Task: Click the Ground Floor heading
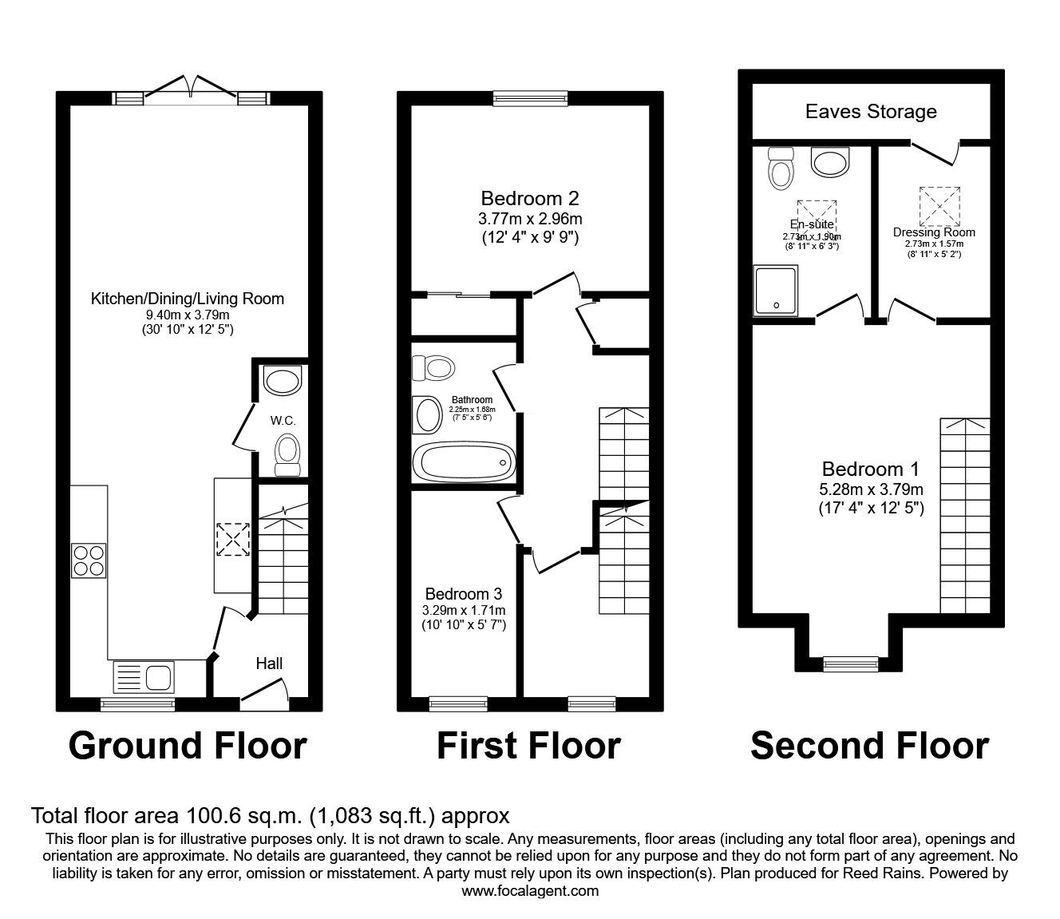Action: tap(188, 746)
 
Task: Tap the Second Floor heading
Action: tap(869, 746)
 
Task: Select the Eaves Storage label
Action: tap(871, 112)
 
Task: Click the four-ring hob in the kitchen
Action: tap(89, 560)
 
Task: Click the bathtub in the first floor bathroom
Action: tap(464, 461)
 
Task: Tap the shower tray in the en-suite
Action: tap(773, 290)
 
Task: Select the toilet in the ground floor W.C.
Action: tap(287, 453)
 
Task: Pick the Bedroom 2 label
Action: tap(529, 198)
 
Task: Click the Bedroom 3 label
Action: tap(464, 594)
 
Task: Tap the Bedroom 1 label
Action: tap(871, 469)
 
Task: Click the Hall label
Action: tap(269, 664)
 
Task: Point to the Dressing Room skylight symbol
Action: tap(939, 206)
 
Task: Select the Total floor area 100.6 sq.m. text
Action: tap(270, 816)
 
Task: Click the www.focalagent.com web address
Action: tap(530, 891)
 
